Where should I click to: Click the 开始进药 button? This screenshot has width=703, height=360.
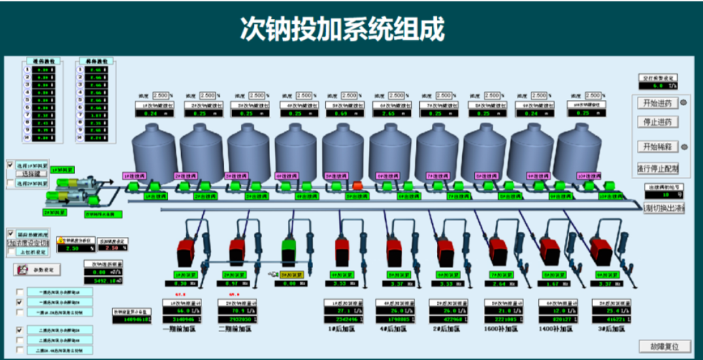(657, 103)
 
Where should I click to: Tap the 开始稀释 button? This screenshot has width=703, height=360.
(657, 146)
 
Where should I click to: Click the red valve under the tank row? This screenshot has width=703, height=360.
(357, 185)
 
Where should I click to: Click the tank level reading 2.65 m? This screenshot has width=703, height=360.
(392, 114)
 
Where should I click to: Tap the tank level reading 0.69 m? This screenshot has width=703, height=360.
(344, 114)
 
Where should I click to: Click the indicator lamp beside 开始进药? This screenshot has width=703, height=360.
(684, 103)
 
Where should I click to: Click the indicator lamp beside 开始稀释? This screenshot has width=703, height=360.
(684, 146)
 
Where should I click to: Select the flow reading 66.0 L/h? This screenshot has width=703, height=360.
(180, 310)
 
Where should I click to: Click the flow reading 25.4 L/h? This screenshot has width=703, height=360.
(610, 310)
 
